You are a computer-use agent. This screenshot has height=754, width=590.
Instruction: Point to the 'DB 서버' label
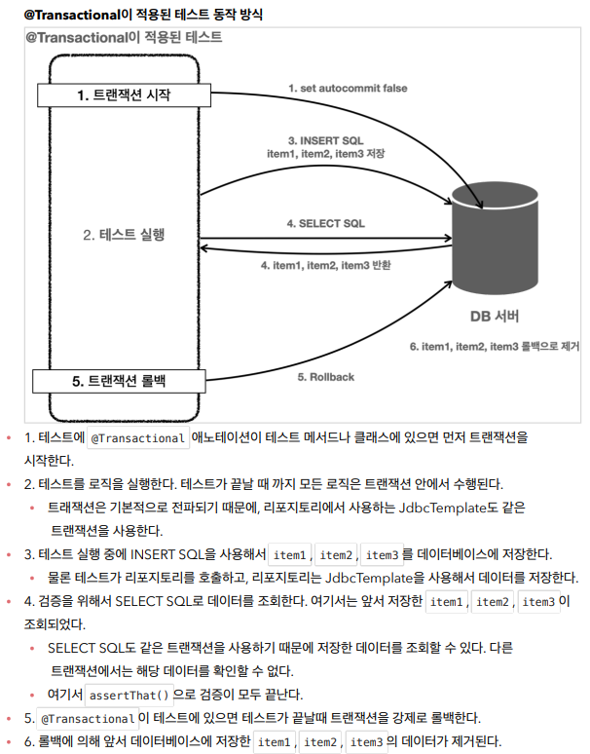[495, 318]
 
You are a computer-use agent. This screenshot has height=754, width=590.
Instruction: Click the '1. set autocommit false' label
[348, 88]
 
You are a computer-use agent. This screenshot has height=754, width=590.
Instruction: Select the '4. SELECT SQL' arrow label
[325, 224]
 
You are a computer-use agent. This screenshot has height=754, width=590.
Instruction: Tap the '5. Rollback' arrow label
[325, 377]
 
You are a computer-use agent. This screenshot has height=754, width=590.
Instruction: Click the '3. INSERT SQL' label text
[325, 140]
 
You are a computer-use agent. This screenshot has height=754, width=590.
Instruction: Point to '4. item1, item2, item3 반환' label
[325, 264]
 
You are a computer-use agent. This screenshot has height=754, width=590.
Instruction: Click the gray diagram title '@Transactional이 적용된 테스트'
[124, 38]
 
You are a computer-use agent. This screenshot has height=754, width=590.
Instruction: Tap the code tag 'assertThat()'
[129, 695]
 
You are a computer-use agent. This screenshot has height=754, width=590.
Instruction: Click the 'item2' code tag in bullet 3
[336, 554]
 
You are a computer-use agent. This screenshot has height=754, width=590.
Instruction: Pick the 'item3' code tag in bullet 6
[367, 742]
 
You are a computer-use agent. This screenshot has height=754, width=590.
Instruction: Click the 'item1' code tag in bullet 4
[446, 601]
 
